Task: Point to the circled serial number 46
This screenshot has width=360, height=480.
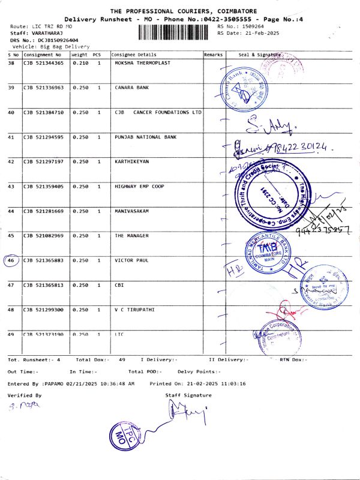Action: pyautogui.click(x=11, y=260)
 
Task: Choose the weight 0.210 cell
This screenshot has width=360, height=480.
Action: pyautogui.click(x=80, y=62)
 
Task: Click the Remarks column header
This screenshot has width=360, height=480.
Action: pyautogui.click(x=213, y=54)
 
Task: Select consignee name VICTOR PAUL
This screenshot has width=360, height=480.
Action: pyautogui.click(x=131, y=260)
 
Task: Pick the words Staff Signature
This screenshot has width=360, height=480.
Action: pyautogui.click(x=188, y=395)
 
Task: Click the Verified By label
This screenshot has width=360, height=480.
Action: pyautogui.click(x=25, y=395)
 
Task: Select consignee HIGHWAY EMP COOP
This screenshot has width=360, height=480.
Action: pyautogui.click(x=139, y=186)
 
